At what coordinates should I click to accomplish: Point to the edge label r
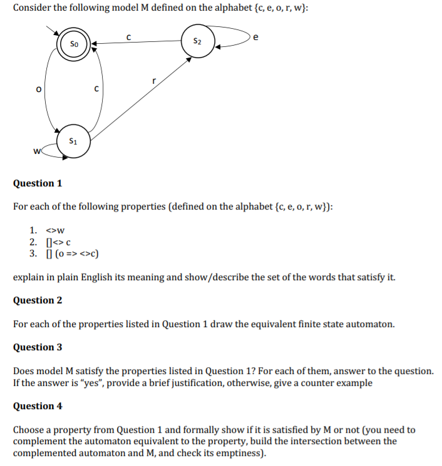point(153,81)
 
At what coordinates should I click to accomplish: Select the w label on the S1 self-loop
point(38,150)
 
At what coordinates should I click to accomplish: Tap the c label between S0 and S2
point(128,36)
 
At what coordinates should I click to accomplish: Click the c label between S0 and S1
point(96,89)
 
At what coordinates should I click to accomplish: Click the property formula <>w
point(56,230)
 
